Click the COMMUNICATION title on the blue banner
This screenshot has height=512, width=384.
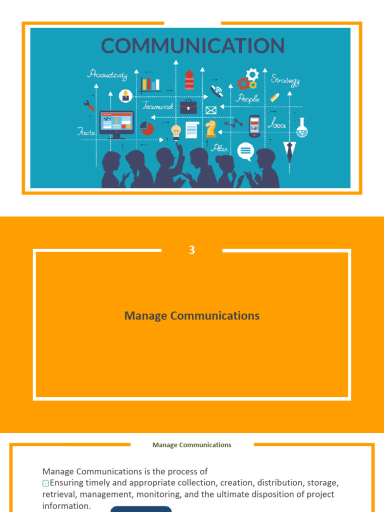[192, 46]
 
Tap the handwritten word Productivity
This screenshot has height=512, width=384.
[107, 75]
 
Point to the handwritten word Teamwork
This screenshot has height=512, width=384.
[157, 105]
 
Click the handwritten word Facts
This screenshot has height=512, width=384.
[86, 132]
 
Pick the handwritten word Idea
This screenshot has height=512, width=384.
[276, 123]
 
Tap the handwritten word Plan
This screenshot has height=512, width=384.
[219, 148]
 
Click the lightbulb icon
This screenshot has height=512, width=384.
[176, 131]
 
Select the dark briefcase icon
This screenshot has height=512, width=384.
[188, 106]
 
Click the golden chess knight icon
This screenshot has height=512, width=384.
[210, 128]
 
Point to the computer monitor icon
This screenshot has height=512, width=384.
[116, 123]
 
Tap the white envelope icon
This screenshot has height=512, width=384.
[211, 110]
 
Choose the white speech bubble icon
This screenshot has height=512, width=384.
[245, 150]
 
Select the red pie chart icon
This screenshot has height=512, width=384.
[147, 128]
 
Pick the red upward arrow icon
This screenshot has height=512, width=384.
[189, 79]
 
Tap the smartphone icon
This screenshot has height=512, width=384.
[254, 126]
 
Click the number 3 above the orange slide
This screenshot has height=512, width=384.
[192, 250]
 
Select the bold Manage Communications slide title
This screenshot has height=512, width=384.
[192, 316]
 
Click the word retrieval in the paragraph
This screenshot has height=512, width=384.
[59, 494]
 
